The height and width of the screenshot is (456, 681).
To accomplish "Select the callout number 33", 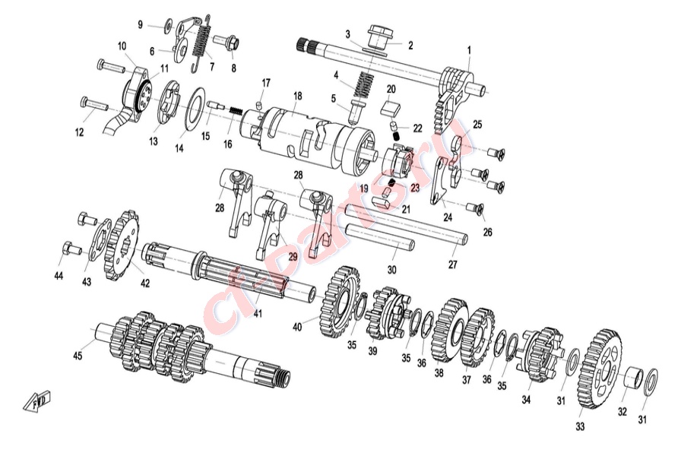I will pos(581,427).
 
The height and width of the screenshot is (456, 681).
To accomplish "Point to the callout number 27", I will pos(453,265).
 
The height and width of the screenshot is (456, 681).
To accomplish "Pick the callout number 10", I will pos(122,46).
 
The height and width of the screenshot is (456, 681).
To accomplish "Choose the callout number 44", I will pos(59,274).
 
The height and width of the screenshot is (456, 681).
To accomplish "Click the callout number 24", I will pos(448,217).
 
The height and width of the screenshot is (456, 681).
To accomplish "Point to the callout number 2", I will pos(410,46).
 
